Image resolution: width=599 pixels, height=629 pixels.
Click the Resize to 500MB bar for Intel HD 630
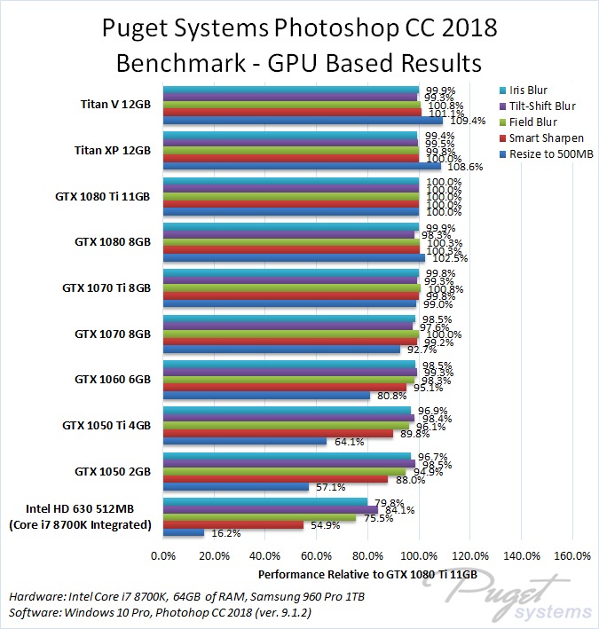183,533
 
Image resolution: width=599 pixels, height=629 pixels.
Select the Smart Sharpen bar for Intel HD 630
233,525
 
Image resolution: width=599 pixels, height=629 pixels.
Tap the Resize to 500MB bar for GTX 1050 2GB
235,487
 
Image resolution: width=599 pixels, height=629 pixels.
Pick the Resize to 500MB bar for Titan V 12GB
302,121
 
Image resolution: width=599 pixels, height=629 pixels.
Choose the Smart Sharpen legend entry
541,138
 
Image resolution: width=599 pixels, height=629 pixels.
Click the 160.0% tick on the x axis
572,556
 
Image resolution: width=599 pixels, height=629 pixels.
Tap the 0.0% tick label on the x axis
163,556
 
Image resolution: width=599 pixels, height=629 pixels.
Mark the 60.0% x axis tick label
317,556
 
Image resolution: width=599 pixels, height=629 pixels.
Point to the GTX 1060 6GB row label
113,379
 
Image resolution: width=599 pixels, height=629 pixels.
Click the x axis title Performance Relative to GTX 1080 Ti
367,574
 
